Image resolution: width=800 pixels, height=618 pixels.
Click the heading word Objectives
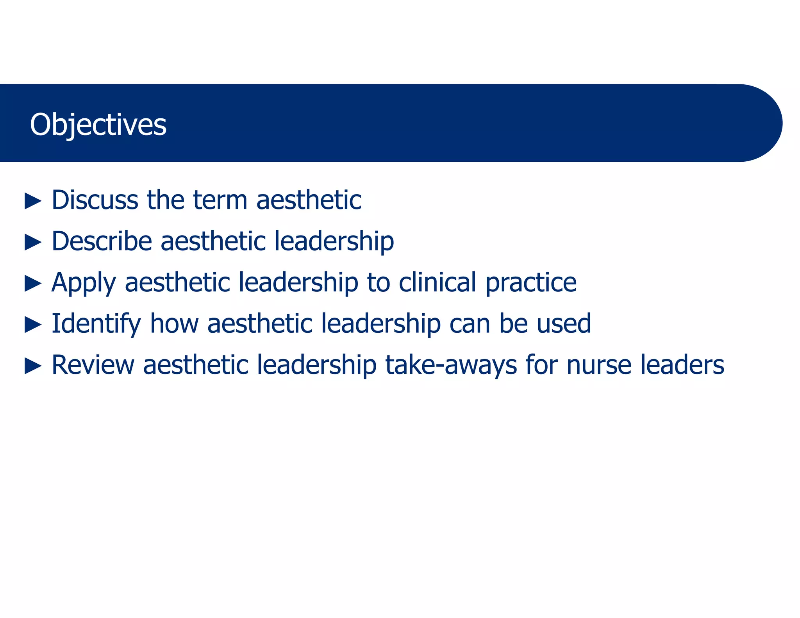click(x=98, y=125)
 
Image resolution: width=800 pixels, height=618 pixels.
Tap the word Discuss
click(x=95, y=200)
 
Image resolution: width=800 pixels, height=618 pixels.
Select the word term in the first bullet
click(x=220, y=200)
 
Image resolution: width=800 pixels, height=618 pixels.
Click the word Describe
click(x=102, y=241)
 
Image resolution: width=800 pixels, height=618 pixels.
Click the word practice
click(x=531, y=282)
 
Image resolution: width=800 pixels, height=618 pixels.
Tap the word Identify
click(x=96, y=324)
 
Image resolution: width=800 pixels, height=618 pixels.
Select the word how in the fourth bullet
click(x=174, y=324)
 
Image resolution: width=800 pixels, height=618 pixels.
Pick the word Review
click(x=93, y=365)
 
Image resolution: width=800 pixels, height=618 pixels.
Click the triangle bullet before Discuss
click(x=33, y=201)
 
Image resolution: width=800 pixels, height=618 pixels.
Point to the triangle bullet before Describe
click(x=33, y=242)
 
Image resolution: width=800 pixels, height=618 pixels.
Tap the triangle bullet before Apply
click(x=33, y=284)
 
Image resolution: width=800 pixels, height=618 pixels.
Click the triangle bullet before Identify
click(x=33, y=325)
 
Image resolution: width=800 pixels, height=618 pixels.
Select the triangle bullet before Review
click(x=33, y=366)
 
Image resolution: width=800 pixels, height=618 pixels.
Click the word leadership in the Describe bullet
click(x=334, y=241)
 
